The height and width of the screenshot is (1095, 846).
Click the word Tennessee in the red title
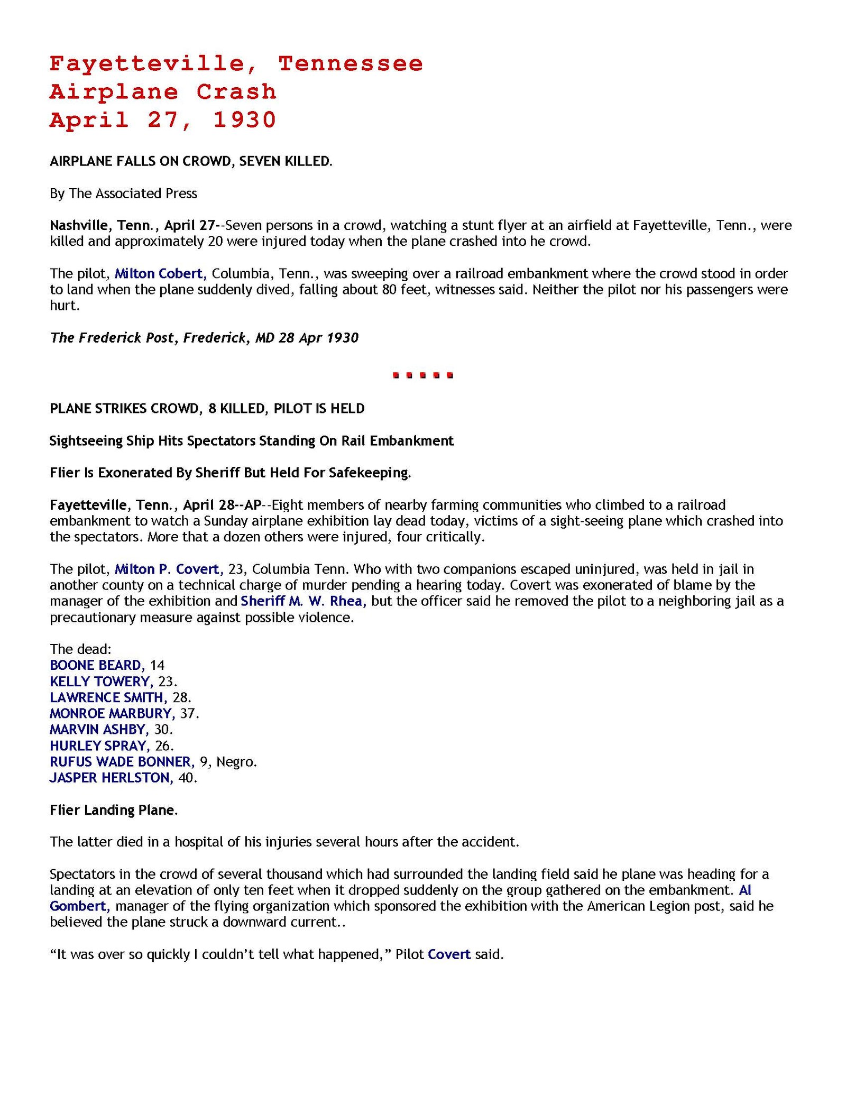[x=351, y=64]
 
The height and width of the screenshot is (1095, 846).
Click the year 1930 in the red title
[x=245, y=120]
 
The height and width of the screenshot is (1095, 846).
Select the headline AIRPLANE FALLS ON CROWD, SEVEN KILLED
[x=191, y=161]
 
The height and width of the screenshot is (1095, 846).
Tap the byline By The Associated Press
[x=123, y=194]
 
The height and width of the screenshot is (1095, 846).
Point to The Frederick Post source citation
[x=204, y=337]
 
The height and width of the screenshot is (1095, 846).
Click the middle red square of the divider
[x=423, y=376]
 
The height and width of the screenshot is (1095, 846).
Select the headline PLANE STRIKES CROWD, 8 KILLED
[x=207, y=408]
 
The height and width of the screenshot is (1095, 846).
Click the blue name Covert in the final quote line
[x=449, y=954]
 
